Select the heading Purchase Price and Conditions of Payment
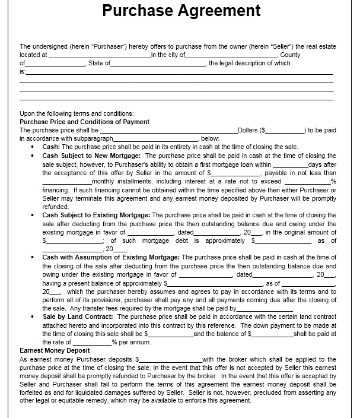coord(84,122)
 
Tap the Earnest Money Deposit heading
coord(55,350)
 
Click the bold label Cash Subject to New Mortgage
coord(91,156)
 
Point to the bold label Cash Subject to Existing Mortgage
coord(96,215)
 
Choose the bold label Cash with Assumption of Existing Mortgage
coord(110,257)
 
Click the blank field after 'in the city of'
coord(231,55)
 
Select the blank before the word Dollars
coord(168,131)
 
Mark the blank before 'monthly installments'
coord(67,182)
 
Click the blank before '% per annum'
coord(91,343)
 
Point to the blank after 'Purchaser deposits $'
coord(171,360)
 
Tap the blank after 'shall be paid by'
coord(265,309)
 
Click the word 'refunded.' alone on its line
coord(55,207)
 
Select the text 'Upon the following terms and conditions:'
coord(77,113)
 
